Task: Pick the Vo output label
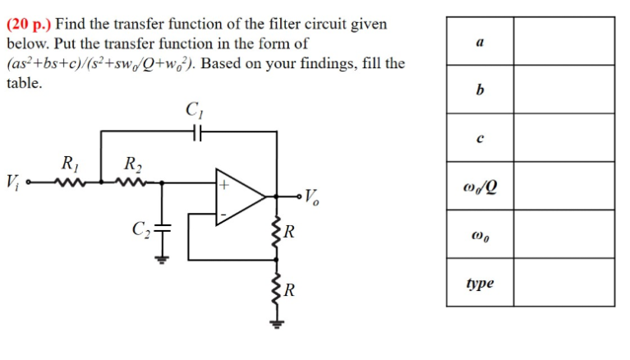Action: (x=311, y=196)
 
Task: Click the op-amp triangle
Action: (x=238, y=196)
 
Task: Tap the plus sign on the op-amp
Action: (x=222, y=185)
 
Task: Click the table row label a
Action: (x=480, y=40)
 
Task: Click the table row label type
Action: (x=480, y=283)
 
